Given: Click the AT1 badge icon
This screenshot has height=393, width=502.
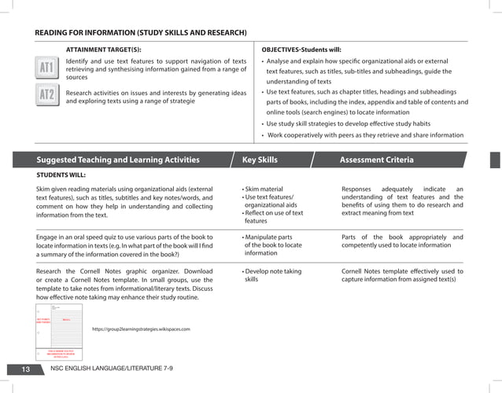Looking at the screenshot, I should coord(48,68).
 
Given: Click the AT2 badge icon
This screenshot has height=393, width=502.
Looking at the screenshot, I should coord(48,97).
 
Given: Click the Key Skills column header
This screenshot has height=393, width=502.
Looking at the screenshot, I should coord(260,160).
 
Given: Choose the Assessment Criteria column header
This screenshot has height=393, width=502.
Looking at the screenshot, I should coord(376,160).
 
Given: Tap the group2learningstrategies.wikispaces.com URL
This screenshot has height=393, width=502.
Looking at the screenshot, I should coord(141,329).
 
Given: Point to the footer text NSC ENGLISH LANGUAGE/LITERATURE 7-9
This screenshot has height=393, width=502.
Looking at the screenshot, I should coord(111,369).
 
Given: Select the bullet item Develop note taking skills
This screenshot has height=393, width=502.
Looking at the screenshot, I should coord(271,274).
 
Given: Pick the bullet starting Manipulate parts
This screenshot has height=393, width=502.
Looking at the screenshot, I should coord(269,237).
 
